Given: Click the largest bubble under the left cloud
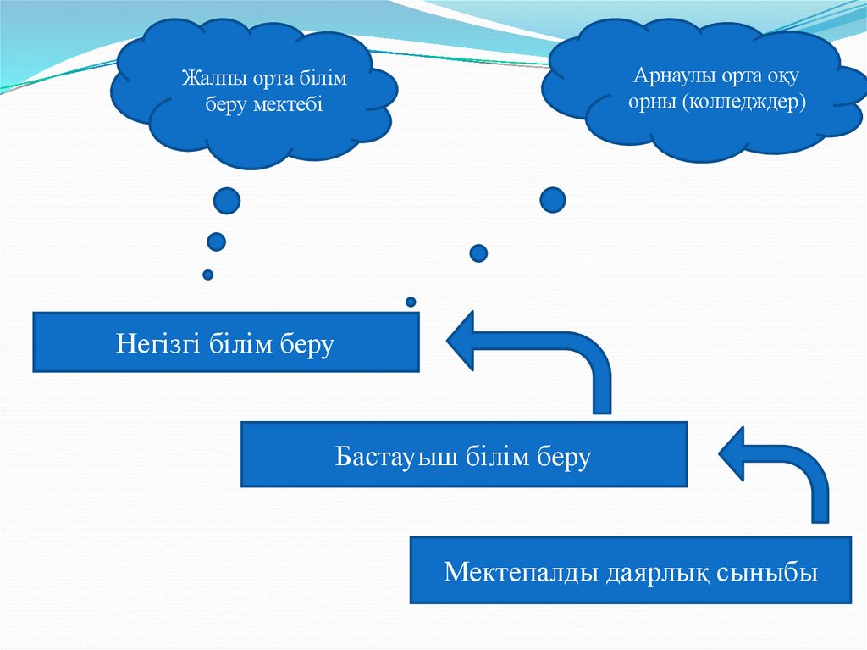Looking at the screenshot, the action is click(226, 201).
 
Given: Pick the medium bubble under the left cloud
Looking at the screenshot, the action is click(217, 242).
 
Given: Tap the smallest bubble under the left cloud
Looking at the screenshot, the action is click(207, 275).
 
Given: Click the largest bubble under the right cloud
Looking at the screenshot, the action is click(552, 200).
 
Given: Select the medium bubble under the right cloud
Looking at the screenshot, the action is click(478, 253).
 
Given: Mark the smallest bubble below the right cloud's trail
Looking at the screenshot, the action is click(411, 301).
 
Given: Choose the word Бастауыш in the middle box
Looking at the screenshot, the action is click(385, 457).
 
